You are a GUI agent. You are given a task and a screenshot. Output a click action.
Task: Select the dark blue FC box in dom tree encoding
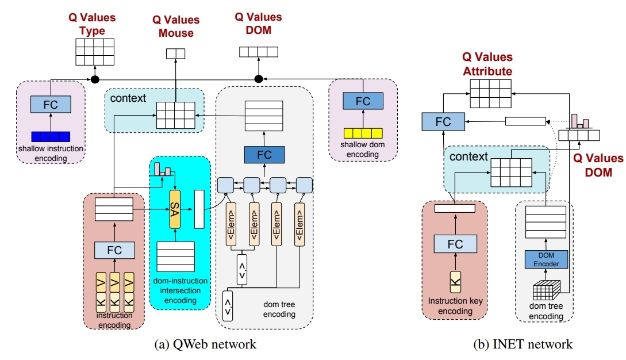point(264,155)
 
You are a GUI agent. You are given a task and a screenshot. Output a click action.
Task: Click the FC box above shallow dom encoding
point(363,101)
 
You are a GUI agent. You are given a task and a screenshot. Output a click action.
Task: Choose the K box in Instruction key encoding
point(455,281)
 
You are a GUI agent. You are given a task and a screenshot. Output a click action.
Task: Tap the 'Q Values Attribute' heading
point(487,64)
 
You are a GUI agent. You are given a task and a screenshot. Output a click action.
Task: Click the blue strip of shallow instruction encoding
point(51,136)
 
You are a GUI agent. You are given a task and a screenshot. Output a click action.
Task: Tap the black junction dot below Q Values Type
point(95,78)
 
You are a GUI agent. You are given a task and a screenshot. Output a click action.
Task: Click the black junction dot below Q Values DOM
point(259,78)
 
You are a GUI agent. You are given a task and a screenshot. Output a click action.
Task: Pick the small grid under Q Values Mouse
point(175,53)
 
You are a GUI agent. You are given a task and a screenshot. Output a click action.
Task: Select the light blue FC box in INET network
point(443,122)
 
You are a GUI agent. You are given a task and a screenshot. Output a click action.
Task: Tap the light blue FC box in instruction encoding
point(115,250)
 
